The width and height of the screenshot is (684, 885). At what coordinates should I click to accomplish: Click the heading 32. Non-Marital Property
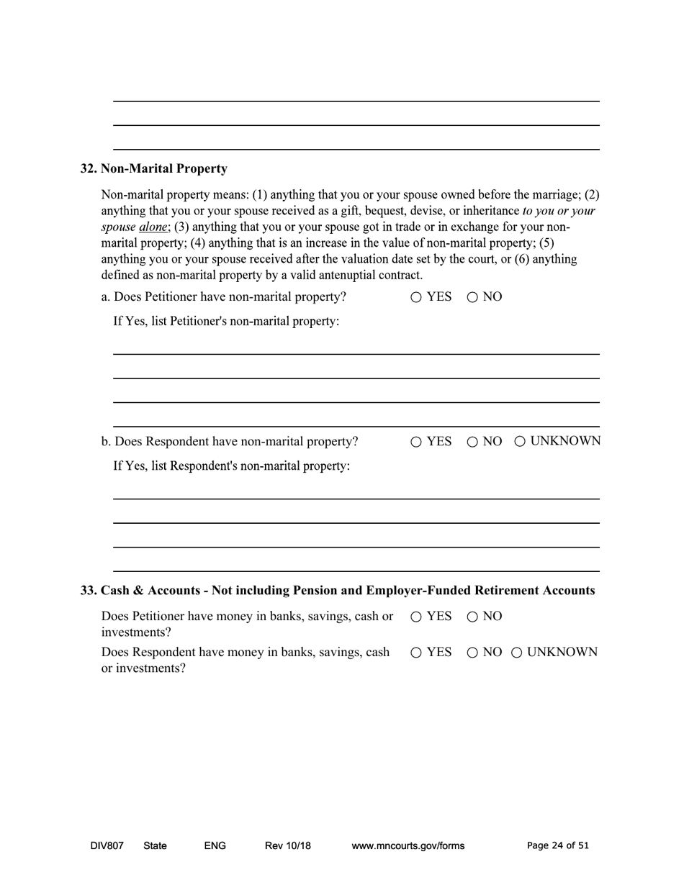pyautogui.click(x=153, y=169)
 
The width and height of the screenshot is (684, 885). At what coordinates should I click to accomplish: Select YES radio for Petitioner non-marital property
pyautogui.click(x=417, y=298)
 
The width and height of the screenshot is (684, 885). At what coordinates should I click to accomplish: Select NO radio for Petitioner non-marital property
pyautogui.click(x=473, y=298)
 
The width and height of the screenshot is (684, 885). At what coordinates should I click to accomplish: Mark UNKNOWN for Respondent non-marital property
pyautogui.click(x=521, y=442)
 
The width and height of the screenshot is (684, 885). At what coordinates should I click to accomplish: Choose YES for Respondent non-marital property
pyautogui.click(x=417, y=442)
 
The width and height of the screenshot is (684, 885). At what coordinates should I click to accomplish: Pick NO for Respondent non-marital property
pyautogui.click(x=473, y=442)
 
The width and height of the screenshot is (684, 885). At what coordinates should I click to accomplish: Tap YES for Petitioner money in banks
pyautogui.click(x=417, y=617)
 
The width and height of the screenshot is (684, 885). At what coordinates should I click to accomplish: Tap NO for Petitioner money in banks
pyautogui.click(x=473, y=617)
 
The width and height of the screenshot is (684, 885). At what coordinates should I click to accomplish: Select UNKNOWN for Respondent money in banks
pyautogui.click(x=518, y=653)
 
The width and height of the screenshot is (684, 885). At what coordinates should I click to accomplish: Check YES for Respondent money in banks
pyautogui.click(x=417, y=653)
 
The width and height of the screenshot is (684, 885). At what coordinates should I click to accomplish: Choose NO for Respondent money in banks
pyautogui.click(x=473, y=653)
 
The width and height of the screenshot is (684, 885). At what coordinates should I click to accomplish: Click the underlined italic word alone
pyautogui.click(x=152, y=227)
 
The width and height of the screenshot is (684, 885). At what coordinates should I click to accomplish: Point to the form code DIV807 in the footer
pyautogui.click(x=107, y=846)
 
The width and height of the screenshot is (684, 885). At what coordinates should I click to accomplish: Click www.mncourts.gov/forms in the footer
pyautogui.click(x=408, y=846)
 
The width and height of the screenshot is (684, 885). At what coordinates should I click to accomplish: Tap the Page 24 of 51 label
pyautogui.click(x=557, y=846)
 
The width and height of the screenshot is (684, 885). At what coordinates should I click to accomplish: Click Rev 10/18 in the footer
pyautogui.click(x=287, y=846)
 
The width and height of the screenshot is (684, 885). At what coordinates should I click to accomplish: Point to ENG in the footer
pyautogui.click(x=215, y=846)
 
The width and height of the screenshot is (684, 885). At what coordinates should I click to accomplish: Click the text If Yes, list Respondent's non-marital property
pyautogui.click(x=232, y=466)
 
